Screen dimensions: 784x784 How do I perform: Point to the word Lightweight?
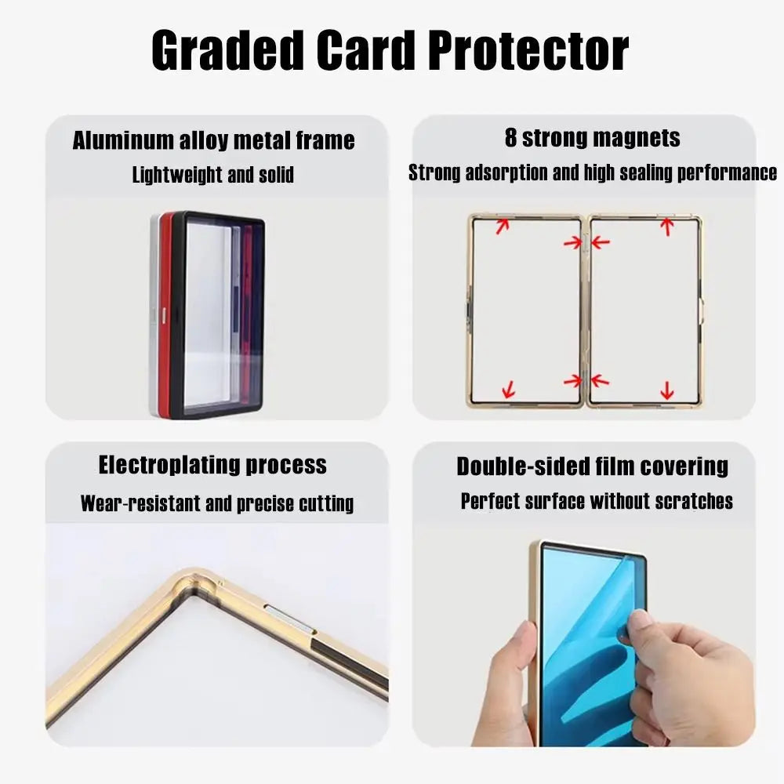(176, 175)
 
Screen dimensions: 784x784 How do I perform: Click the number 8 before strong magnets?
(511, 139)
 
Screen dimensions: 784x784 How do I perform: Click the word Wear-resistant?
(140, 503)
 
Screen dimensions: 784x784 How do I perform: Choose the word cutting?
(326, 503)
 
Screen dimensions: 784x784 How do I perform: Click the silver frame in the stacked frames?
(154, 314)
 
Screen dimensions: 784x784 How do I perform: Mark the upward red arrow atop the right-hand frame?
(666, 226)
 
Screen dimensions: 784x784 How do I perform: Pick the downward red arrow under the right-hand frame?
(666, 390)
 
